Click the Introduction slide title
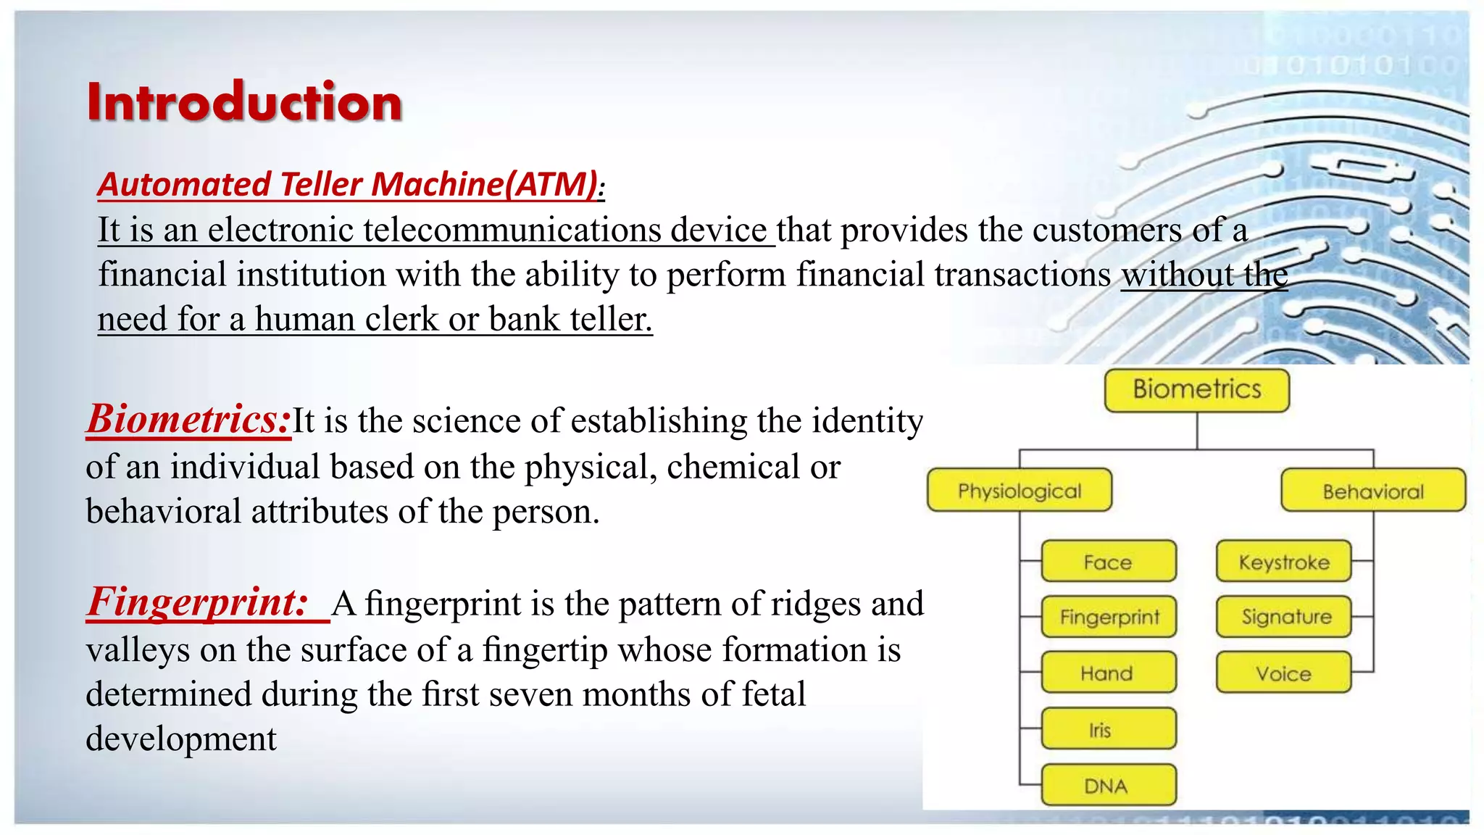pos(244,101)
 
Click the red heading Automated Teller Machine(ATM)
pos(350,184)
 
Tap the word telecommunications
pos(512,230)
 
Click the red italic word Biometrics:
pos(188,419)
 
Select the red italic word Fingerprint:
pos(198,602)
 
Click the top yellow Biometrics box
pos(1196,390)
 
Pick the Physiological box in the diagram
pos(1019,491)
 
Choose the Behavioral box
pos(1372,491)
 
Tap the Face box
pos(1108,562)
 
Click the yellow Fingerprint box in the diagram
pos(1109,617)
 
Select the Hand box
pos(1108,673)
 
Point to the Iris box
pos(1108,729)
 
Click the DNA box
pos(1108,785)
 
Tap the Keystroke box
pos(1283,562)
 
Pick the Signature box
pos(1283,617)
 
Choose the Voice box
pos(1283,673)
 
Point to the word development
pos(181,739)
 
